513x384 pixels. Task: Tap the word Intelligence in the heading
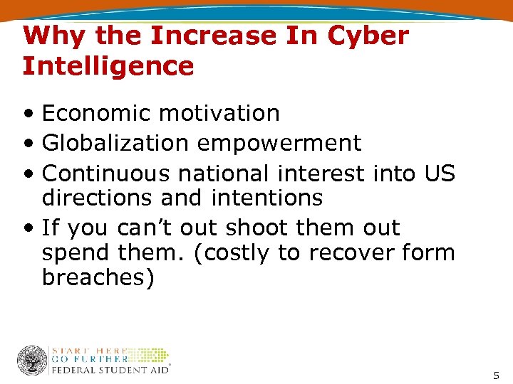click(x=108, y=66)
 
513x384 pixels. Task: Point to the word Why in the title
click(x=49, y=35)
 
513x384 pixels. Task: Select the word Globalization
click(x=115, y=143)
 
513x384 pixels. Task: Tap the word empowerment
click(x=279, y=143)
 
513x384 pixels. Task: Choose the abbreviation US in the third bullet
click(x=438, y=173)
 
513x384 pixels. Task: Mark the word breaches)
click(x=98, y=278)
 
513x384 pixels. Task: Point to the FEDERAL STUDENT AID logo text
click(x=110, y=369)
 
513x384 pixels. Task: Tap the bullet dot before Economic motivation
click(x=28, y=114)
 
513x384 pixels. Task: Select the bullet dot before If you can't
click(x=28, y=228)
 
